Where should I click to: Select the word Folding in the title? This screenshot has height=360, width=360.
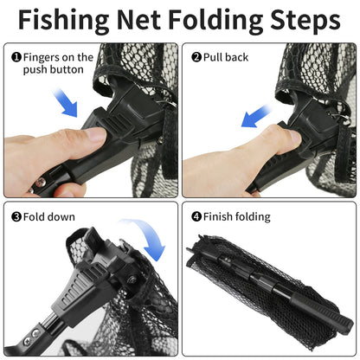tap(218, 20)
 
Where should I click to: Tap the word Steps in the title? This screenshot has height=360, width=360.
tap(303, 20)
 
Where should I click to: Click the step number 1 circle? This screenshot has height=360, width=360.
tap(16, 58)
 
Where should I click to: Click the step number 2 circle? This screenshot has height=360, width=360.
tap(196, 58)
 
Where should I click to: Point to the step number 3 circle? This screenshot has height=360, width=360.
tap(16, 216)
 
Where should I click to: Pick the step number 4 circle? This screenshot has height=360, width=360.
tap(196, 216)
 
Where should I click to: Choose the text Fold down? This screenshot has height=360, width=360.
tap(50, 216)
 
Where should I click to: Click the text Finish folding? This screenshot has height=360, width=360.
tap(237, 216)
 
